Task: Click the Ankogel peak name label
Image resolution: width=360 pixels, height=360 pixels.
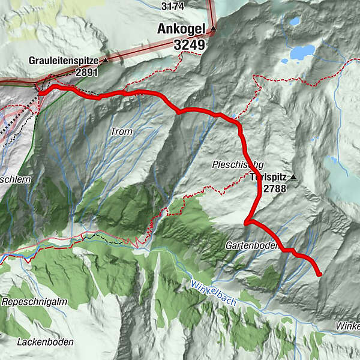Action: (180, 28)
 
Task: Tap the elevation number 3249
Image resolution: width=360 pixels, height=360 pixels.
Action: (189, 44)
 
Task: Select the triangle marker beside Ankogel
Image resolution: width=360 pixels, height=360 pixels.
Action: (212, 28)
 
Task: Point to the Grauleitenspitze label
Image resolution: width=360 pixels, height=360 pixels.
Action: (64, 61)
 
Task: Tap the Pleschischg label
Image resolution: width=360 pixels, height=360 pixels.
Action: (238, 164)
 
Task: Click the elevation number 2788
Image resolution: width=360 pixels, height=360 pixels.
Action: (274, 188)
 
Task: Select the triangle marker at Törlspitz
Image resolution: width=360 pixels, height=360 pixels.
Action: (293, 177)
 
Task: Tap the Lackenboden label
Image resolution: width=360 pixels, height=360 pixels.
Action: (46, 342)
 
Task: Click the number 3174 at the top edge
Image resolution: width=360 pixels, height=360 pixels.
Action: (172, 6)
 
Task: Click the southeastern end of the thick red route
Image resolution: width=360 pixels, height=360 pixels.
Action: (319, 274)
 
